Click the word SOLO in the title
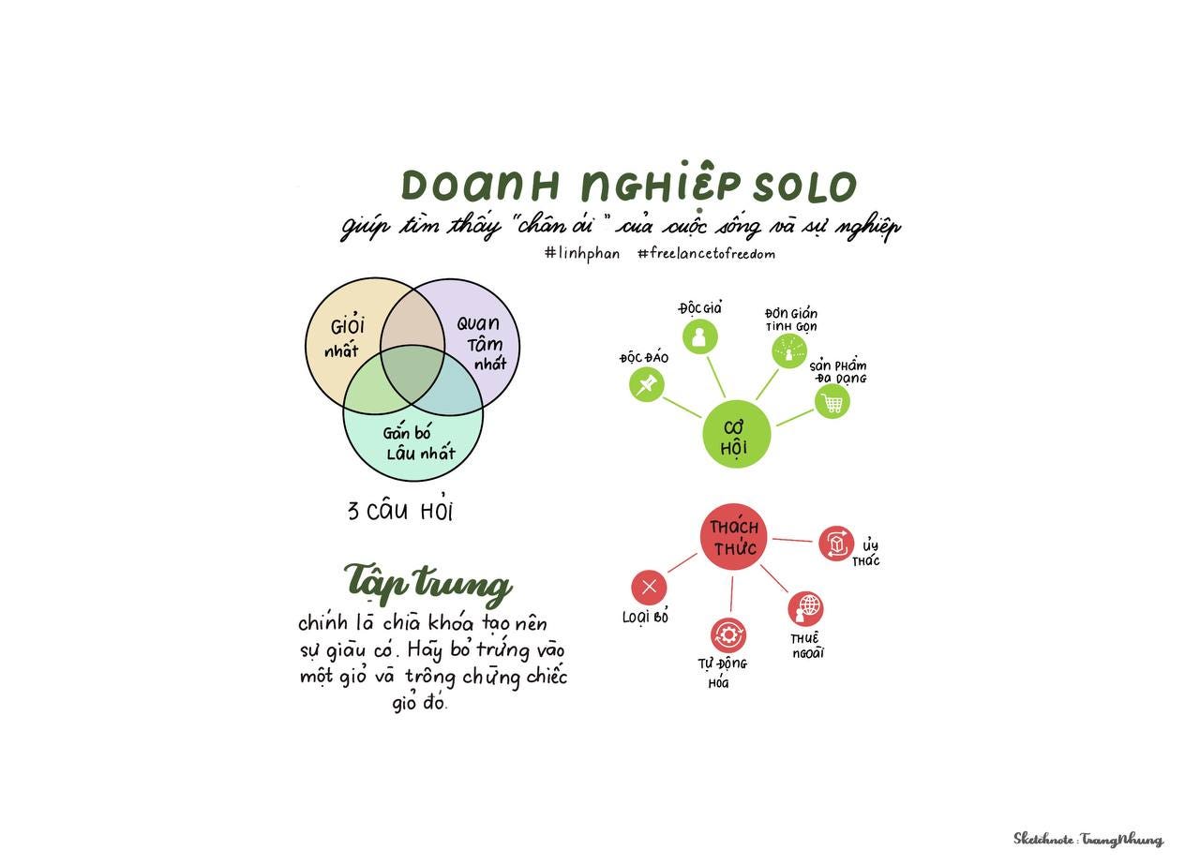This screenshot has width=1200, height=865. (x=805, y=186)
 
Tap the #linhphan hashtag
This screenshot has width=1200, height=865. (x=581, y=253)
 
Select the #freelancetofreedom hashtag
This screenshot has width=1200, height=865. (x=706, y=253)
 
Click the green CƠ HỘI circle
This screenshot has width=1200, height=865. (x=737, y=434)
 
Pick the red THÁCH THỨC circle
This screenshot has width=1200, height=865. (x=733, y=538)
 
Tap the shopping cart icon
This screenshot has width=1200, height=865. (x=832, y=402)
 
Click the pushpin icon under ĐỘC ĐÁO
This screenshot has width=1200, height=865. (x=646, y=384)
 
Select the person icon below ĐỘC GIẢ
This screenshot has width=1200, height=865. (x=698, y=336)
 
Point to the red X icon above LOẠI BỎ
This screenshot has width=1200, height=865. (x=649, y=588)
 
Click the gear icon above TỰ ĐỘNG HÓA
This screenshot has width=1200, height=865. (x=728, y=635)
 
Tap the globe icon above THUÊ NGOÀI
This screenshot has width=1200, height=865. (x=805, y=608)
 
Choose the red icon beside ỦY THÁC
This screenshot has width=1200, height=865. (x=835, y=544)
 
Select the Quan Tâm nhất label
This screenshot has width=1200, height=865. (x=480, y=343)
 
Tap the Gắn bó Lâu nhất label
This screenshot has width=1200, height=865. (x=418, y=444)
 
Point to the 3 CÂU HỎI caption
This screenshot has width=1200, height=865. (x=400, y=511)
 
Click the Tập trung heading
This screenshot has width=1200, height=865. (x=428, y=583)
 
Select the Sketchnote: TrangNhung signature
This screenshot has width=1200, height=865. (x=1087, y=839)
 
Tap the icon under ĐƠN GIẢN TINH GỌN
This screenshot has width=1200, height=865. (x=788, y=350)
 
